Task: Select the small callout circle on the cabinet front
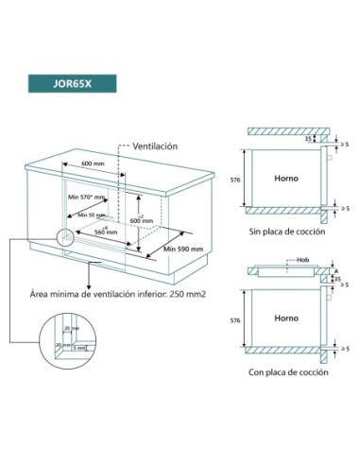pos(65,239)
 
